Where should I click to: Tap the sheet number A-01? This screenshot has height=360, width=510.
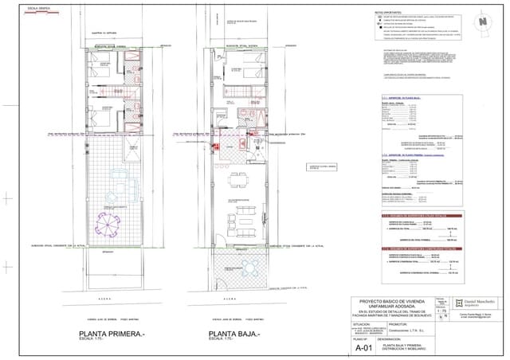point(363,347)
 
